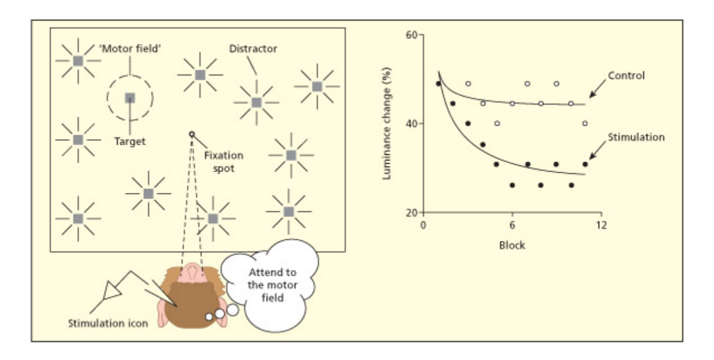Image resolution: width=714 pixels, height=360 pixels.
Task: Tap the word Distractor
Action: [x=253, y=49]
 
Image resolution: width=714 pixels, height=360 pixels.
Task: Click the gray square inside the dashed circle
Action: [x=130, y=98]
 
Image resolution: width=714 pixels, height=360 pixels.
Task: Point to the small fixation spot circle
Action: [x=192, y=134]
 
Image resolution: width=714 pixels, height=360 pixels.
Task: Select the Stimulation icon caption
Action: [x=107, y=323]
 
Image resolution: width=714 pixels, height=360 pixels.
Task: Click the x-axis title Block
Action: [x=512, y=245]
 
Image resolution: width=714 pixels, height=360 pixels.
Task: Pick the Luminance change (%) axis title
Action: [x=386, y=124]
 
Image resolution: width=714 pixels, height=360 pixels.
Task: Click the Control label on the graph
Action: [x=626, y=75]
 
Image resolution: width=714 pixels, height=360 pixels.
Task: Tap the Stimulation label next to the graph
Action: [x=636, y=137]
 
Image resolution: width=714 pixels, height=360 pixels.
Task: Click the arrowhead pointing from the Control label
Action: [x=588, y=96]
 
